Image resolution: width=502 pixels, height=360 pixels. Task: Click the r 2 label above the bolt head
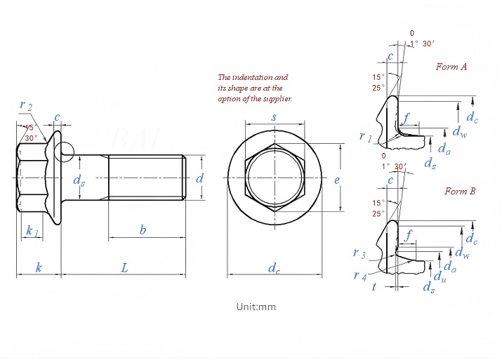pyautogui.click(x=26, y=105)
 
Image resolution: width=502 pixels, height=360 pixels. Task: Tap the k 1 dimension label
pyautogui.click(x=32, y=232)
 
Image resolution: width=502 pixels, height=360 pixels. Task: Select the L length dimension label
pyautogui.click(x=124, y=268)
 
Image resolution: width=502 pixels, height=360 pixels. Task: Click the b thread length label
pyautogui.click(x=143, y=229)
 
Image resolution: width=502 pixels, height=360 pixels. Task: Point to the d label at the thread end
pyautogui.click(x=199, y=178)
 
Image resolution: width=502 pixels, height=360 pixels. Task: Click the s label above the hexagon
pyautogui.click(x=274, y=117)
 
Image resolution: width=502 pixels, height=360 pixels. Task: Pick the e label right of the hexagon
pyautogui.click(x=337, y=180)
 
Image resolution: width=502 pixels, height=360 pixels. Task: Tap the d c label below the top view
pyautogui.click(x=274, y=268)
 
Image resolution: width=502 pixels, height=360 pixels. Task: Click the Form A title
pyautogui.click(x=451, y=67)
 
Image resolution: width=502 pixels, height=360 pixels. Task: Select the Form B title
pyautogui.click(x=460, y=191)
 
